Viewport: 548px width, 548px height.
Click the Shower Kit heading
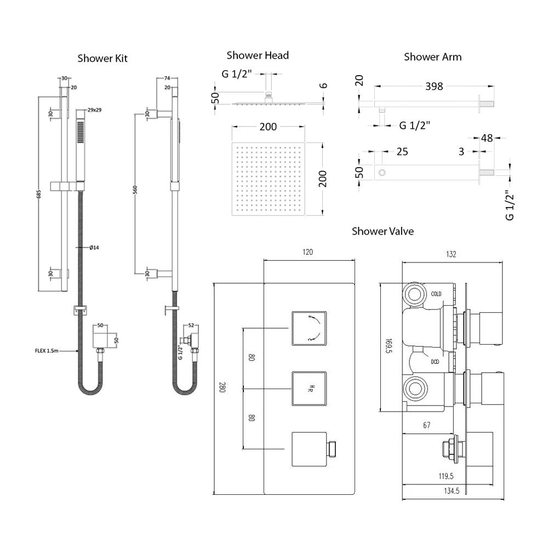click(102, 58)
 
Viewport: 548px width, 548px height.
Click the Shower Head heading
click(258, 55)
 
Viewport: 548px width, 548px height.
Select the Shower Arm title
click(432, 56)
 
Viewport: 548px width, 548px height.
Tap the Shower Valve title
click(383, 231)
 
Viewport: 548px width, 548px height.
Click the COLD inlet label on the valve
click(436, 294)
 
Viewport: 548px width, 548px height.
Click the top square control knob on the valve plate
click(309, 328)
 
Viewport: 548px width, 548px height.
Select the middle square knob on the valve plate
click(309, 389)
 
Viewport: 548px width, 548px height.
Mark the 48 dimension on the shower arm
click(486, 138)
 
